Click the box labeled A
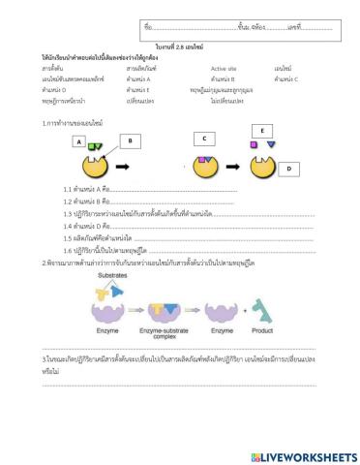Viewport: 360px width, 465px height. (78, 142)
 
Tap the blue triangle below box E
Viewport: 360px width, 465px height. (271, 145)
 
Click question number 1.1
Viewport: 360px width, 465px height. (69, 189)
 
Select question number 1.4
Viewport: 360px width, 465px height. (69, 225)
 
